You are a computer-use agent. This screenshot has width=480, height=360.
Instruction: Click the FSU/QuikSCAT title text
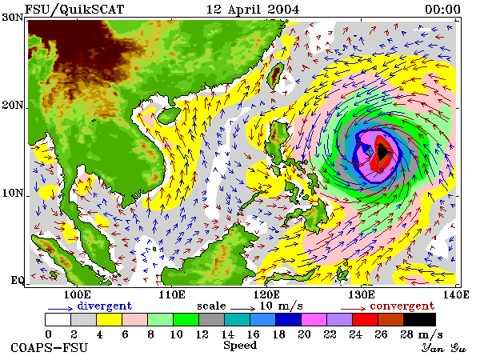coord(74,10)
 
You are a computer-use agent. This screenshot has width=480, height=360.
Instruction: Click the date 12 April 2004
coord(253,10)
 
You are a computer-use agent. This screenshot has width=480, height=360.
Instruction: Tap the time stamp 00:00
coord(442,10)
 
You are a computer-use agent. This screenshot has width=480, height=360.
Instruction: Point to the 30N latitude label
coord(13,18)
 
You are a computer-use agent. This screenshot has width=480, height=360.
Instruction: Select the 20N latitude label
coord(13,106)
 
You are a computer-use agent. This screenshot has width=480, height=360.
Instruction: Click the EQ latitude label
coord(17,280)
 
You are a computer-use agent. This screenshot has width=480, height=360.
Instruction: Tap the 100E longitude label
coord(77,294)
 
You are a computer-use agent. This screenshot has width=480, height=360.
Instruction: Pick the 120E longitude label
coord(266,294)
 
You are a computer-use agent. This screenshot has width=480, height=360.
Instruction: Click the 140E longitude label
coord(456,294)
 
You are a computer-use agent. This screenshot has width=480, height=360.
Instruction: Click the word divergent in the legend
coord(104,306)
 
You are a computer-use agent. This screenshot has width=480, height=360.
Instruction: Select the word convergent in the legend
coord(402,306)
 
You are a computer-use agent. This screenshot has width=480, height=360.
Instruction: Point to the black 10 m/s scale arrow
coord(242,309)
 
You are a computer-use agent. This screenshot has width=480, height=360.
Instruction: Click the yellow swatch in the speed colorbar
coord(110,319)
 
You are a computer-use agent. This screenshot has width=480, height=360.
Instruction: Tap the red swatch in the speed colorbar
coord(366,319)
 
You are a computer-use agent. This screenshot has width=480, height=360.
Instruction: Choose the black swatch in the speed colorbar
coord(420,319)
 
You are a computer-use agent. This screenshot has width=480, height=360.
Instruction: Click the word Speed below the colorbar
coord(240,346)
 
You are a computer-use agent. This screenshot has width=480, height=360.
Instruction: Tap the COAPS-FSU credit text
coord(50,348)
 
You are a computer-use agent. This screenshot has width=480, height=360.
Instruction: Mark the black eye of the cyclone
coord(382,152)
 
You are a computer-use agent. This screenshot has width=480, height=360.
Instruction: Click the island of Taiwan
coord(276,75)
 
